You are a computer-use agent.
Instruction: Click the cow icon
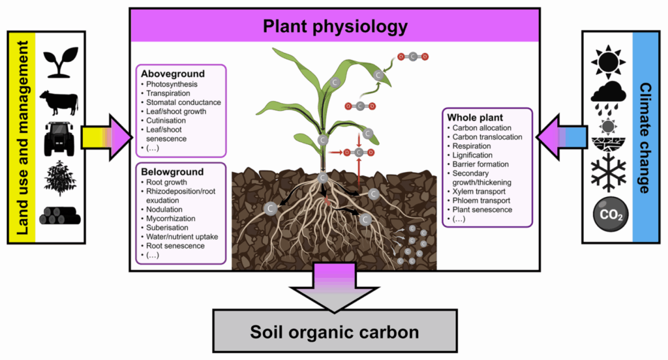tap(59, 102)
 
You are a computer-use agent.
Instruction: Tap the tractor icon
tap(59, 138)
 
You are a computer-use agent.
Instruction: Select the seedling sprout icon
tap(61, 63)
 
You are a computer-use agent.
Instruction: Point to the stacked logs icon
tap(59, 215)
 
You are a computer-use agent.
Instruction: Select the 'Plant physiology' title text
tap(335, 27)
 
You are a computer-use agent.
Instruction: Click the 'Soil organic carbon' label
tap(335, 333)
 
